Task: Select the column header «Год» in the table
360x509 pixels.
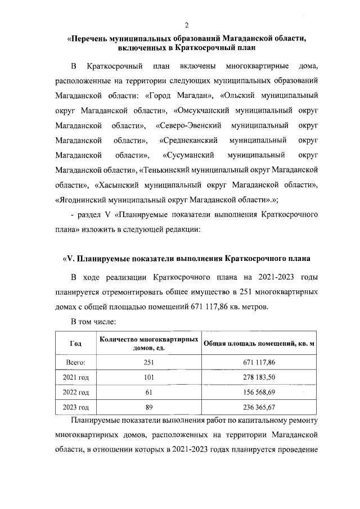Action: (75, 344)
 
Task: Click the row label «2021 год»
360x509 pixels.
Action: (75, 377)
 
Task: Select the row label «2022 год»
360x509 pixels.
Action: (75, 391)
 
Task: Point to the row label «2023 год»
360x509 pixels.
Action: (75, 407)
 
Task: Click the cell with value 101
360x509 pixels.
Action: (148, 377)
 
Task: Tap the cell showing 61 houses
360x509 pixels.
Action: (148, 391)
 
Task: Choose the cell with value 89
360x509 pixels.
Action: (148, 407)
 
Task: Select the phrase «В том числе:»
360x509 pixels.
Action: (93, 322)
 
